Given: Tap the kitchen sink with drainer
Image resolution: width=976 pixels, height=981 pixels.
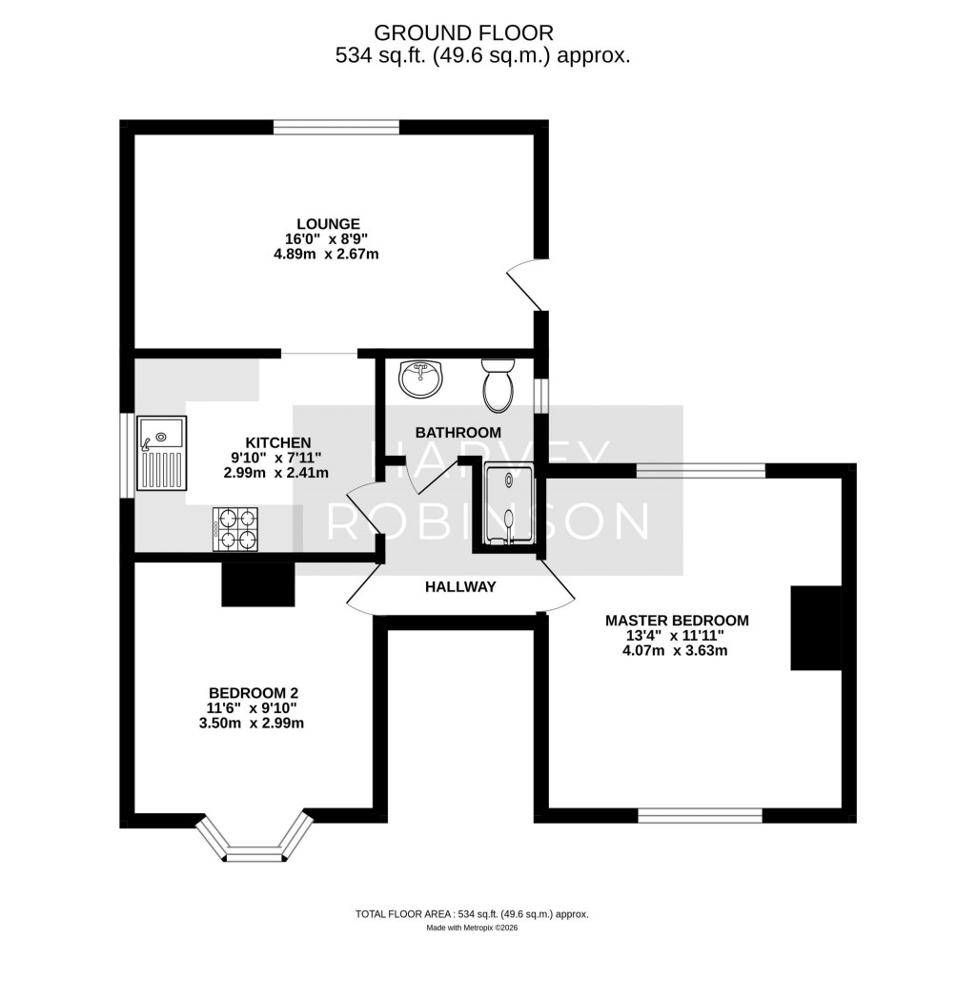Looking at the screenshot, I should click(160, 454).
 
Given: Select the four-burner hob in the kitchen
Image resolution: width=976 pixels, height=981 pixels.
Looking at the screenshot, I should click(235, 528).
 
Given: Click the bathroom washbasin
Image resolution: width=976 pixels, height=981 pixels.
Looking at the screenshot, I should click(419, 378).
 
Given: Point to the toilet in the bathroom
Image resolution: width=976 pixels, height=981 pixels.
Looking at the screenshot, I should click(498, 383).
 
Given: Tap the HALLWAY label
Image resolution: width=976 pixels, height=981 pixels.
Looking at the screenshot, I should click(460, 587).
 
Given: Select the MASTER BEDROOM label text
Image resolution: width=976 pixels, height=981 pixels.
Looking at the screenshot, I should click(677, 621).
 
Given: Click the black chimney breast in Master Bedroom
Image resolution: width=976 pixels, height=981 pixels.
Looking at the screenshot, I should click(815, 628).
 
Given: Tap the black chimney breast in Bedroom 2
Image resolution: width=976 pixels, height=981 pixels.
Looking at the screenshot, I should click(257, 583).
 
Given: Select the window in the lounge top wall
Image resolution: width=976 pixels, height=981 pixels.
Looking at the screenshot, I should click(335, 126).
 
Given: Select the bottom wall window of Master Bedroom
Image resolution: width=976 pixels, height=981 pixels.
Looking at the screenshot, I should click(700, 815).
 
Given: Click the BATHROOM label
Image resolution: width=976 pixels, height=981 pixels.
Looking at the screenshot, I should click(457, 432).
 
